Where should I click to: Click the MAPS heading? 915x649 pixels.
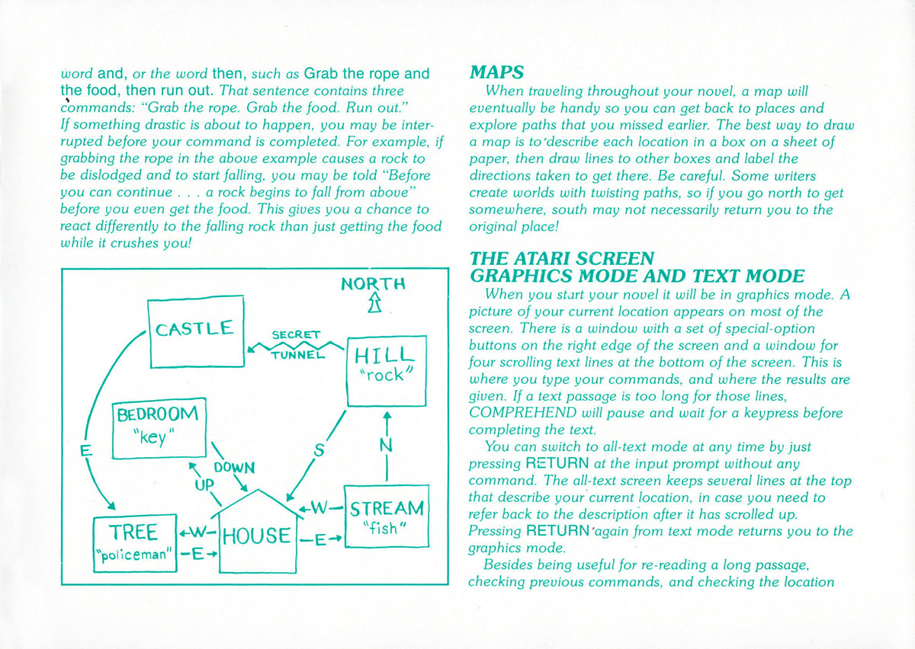[x=496, y=72]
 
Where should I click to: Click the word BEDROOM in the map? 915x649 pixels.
[x=157, y=414]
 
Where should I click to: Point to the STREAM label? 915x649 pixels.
[x=387, y=509]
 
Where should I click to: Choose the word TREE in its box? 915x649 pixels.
[x=133, y=532]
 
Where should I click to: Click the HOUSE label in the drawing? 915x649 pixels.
[x=256, y=536]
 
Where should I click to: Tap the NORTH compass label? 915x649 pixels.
[x=373, y=283]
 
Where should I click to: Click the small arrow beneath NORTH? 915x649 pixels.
[x=374, y=303]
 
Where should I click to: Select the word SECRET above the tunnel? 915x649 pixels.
[x=296, y=334]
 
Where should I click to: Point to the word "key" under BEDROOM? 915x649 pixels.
[x=153, y=437]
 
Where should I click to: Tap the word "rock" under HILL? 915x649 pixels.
[x=386, y=375]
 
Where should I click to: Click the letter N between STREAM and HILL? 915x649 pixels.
[x=386, y=445]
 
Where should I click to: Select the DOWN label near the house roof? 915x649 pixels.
[x=234, y=468]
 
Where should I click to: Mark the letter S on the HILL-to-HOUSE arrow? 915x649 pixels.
[x=319, y=450]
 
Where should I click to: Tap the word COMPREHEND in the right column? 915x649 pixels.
[x=522, y=413]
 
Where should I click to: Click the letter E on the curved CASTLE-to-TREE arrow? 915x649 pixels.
[x=85, y=451]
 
